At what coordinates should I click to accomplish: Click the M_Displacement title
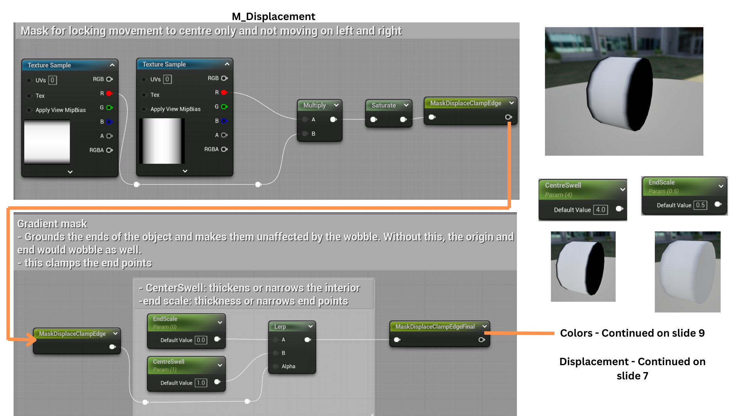pos(273,17)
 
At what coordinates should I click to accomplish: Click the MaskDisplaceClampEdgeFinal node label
pos(435,327)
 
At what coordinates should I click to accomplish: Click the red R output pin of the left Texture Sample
pos(109,93)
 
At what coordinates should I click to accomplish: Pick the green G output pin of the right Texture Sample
pos(224,107)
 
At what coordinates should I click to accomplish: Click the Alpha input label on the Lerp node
pos(288,366)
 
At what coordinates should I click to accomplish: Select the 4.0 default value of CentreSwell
pos(600,210)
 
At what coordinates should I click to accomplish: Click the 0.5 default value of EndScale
pos(700,205)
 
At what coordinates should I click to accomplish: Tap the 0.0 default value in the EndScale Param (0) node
pos(201,340)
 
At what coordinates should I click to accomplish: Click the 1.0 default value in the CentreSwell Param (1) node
pos(201,383)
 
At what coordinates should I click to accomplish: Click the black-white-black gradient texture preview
pos(162,141)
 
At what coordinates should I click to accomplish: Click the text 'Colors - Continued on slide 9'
pos(632,333)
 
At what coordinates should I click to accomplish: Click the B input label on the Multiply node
pos(313,134)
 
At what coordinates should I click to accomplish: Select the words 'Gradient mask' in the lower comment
pos(52,224)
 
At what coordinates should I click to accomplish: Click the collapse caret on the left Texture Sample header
pos(112,65)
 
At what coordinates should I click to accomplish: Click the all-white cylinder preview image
pos(688,272)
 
